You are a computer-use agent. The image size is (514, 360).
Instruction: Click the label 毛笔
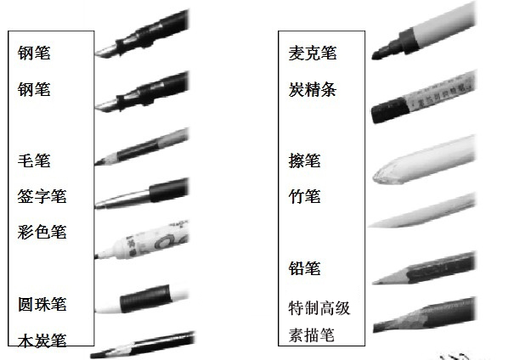click(34, 160)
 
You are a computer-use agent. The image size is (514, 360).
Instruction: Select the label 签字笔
click(42, 196)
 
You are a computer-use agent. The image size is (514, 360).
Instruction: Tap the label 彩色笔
click(42, 233)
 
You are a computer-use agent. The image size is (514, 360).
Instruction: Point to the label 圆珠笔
click(42, 304)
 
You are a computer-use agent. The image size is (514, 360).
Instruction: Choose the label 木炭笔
click(42, 340)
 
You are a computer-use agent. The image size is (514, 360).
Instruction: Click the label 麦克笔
click(313, 53)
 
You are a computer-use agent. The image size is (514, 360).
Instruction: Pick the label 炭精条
click(313, 89)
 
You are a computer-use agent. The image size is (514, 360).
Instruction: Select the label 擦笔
click(304, 160)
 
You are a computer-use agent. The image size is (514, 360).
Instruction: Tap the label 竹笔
click(304, 196)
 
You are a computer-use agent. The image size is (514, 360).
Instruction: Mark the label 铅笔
click(304, 268)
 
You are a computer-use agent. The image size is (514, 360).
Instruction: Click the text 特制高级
click(319, 308)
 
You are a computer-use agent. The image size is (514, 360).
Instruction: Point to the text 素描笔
click(312, 335)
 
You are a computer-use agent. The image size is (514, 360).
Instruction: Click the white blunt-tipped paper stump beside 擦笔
click(425, 160)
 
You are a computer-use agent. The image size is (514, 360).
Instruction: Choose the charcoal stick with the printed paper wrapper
click(423, 97)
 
